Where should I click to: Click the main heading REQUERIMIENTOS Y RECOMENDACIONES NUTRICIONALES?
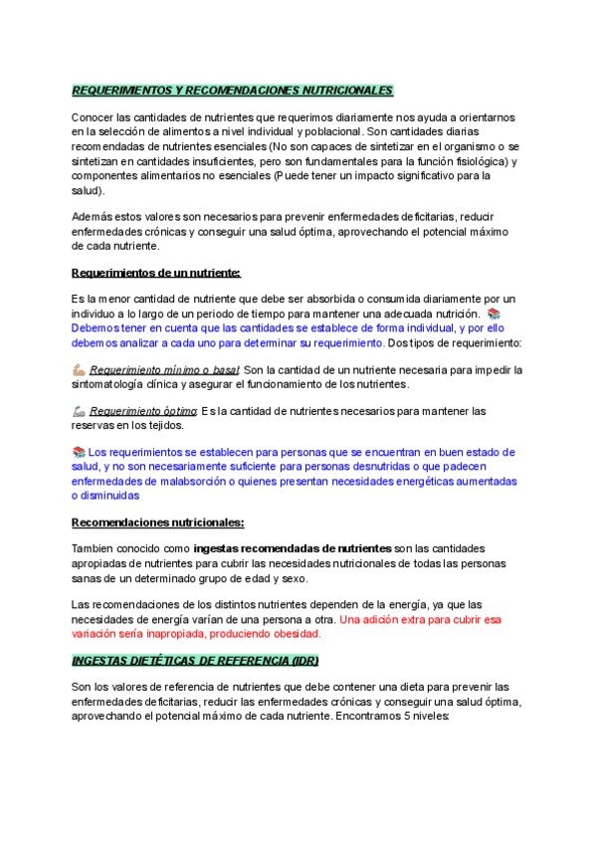233,91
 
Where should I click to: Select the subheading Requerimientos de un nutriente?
156,273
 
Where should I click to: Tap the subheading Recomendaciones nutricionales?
158,523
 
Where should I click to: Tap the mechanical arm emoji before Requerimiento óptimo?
80,411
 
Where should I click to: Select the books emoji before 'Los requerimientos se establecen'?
80,452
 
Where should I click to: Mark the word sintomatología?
117,384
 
